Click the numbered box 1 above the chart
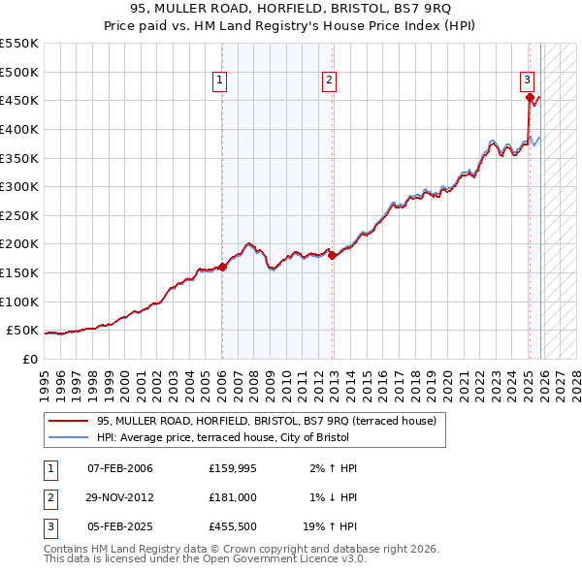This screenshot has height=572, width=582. pyautogui.click(x=221, y=80)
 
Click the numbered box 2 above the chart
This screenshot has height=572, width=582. pyautogui.click(x=330, y=80)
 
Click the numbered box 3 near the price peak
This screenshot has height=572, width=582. pyautogui.click(x=527, y=80)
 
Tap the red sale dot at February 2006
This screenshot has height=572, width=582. pyautogui.click(x=222, y=267)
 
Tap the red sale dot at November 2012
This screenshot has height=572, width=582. pyautogui.click(x=332, y=255)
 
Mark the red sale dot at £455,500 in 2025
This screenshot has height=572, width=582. pyautogui.click(x=529, y=97)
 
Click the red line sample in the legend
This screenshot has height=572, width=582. pyautogui.click(x=67, y=421)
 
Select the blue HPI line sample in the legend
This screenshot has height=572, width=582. pyautogui.click(x=67, y=437)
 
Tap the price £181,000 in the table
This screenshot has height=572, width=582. pyautogui.click(x=232, y=497)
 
